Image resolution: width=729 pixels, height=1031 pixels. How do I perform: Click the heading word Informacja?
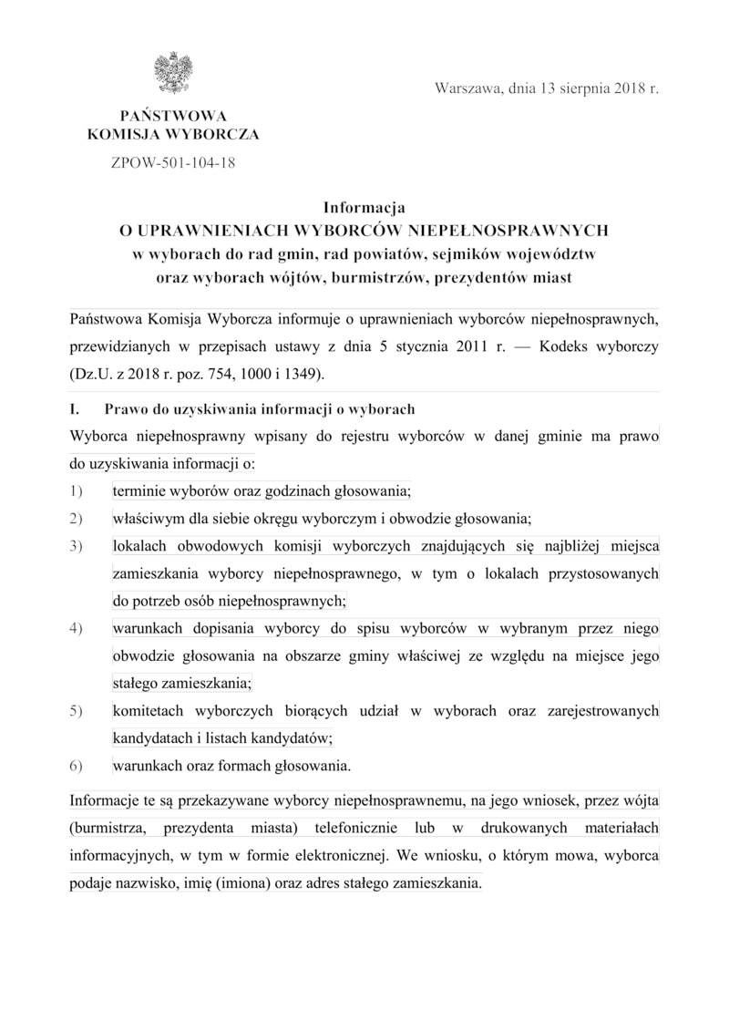click(364, 208)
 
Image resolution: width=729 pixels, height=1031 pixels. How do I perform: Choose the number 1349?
click(300, 374)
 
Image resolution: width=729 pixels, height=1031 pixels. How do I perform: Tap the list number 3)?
click(77, 546)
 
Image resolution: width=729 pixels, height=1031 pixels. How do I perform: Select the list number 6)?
click(77, 766)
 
